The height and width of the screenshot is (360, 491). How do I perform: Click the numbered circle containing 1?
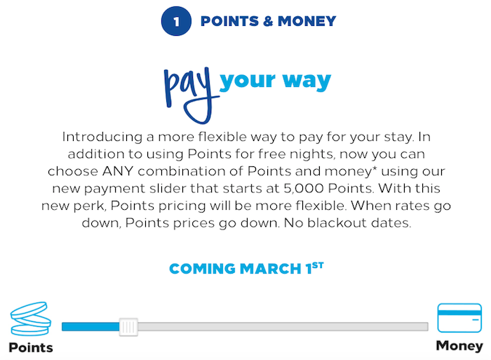point(176,21)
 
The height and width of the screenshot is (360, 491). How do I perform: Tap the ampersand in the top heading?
point(268,21)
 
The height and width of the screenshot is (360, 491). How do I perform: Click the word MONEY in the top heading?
point(307,21)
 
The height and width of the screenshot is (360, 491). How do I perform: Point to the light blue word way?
point(307,81)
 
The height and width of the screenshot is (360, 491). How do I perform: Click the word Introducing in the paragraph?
point(102,138)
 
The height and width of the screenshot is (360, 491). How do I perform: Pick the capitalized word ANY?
point(118,171)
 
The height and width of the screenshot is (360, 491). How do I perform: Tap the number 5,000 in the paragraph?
point(304,189)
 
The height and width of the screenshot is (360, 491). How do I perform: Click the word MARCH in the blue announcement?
point(271,269)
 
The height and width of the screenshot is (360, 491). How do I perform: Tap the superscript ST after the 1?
point(318,265)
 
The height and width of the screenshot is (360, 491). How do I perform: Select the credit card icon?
point(459,318)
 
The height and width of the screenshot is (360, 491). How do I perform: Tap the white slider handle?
point(128,327)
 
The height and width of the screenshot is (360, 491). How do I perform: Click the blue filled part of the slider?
point(90,327)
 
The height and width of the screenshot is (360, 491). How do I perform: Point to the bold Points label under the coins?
point(31,347)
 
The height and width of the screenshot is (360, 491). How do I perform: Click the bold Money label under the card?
point(459,346)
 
